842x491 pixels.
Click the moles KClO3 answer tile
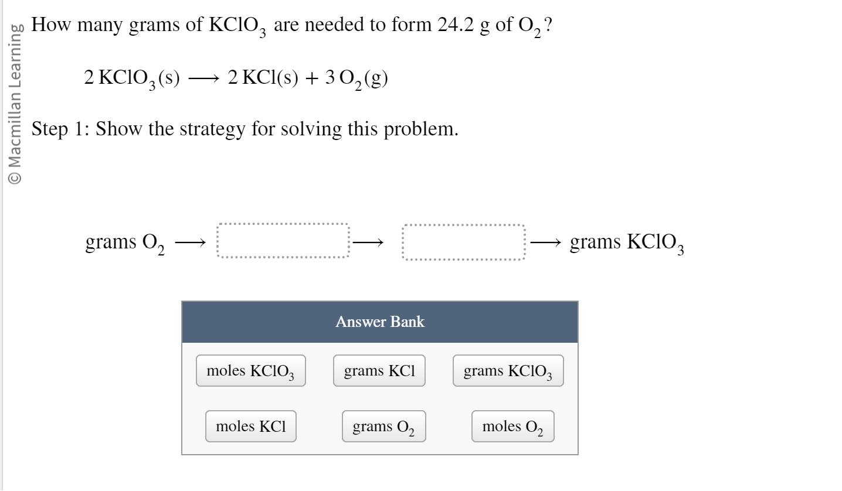pyautogui.click(x=250, y=371)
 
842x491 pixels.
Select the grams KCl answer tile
pyautogui.click(x=379, y=371)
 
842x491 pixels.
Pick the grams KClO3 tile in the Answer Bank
pyautogui.click(x=508, y=371)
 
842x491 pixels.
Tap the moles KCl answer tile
pyautogui.click(x=250, y=426)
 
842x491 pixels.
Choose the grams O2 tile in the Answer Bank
pyautogui.click(x=383, y=427)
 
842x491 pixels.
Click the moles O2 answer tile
pyautogui.click(x=512, y=427)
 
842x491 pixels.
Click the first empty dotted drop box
pyautogui.click(x=283, y=241)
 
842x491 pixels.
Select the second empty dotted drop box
pyautogui.click(x=463, y=241)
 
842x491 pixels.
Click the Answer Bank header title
pyautogui.click(x=380, y=322)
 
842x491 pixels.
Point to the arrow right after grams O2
pyautogui.click(x=191, y=241)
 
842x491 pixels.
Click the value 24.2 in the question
pyautogui.click(x=455, y=25)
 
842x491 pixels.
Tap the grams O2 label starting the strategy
pyautogui.click(x=125, y=242)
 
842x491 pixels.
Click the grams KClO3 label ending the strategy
pyautogui.click(x=626, y=242)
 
